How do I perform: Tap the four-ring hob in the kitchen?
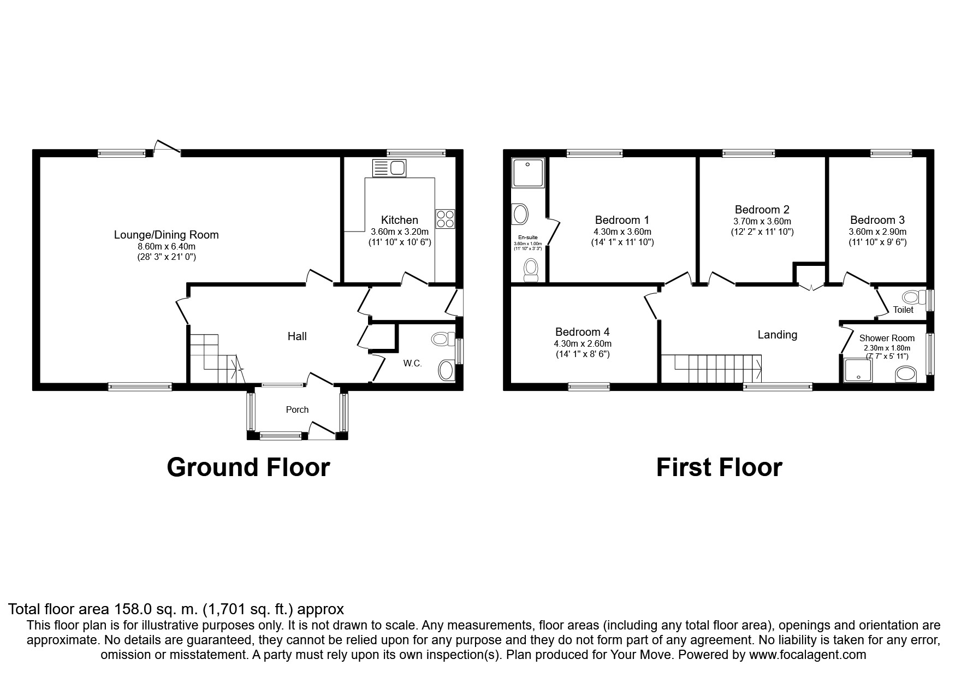pyautogui.click(x=444, y=219)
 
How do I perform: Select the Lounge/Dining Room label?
pyautogui.click(x=166, y=235)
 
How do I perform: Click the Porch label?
pyautogui.click(x=297, y=409)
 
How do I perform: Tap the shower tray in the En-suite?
pyautogui.click(x=528, y=173)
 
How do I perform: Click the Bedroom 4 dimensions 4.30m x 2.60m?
pyautogui.click(x=582, y=343)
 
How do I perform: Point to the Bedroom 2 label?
pyautogui.click(x=762, y=210)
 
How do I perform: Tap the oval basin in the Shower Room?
pyautogui.click(x=906, y=374)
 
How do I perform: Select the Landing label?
pyautogui.click(x=777, y=335)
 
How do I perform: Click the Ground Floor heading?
pyautogui.click(x=248, y=467)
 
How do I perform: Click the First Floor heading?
pyautogui.click(x=719, y=467)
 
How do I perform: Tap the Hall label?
pyautogui.click(x=297, y=336)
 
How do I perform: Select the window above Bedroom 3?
pyautogui.click(x=891, y=154)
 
